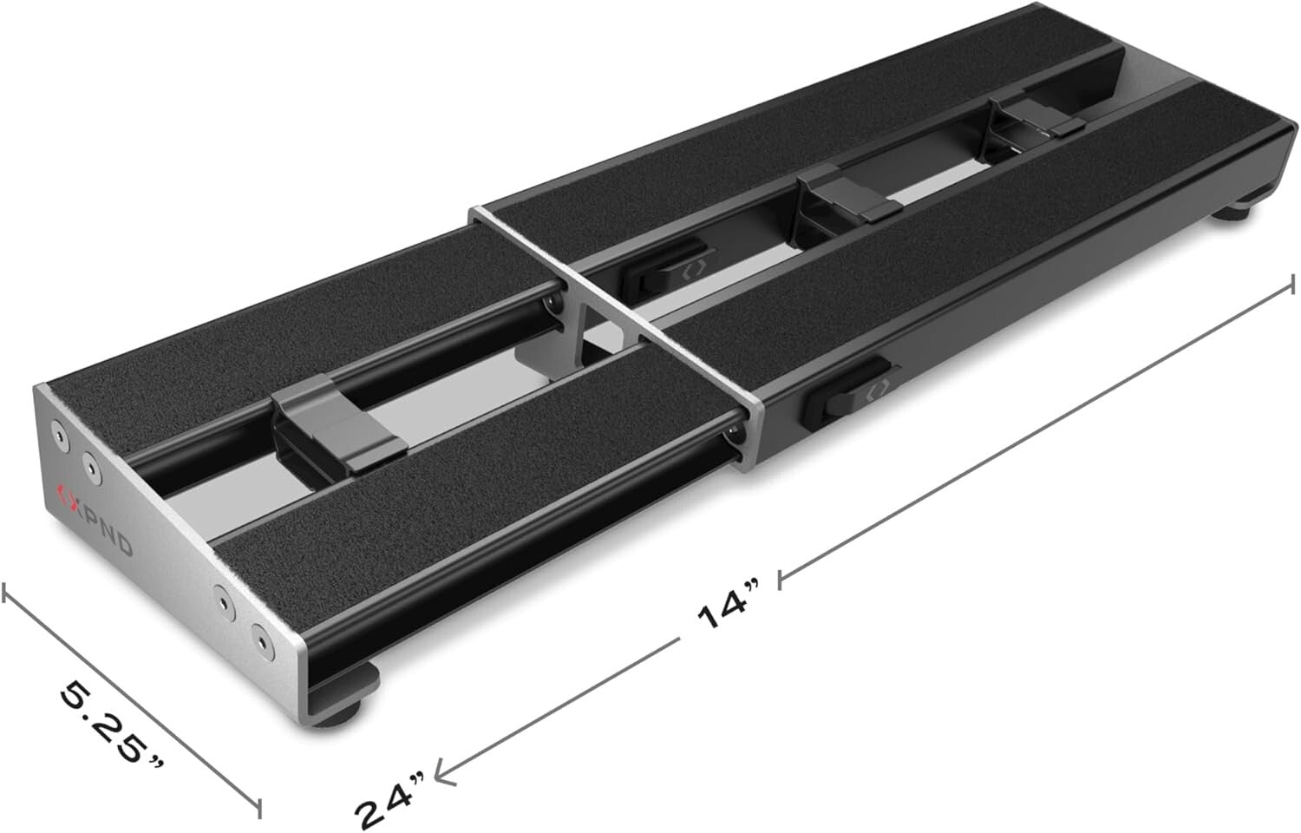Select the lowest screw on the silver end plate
coord(259,643)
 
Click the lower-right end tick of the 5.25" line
coord(258,806)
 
